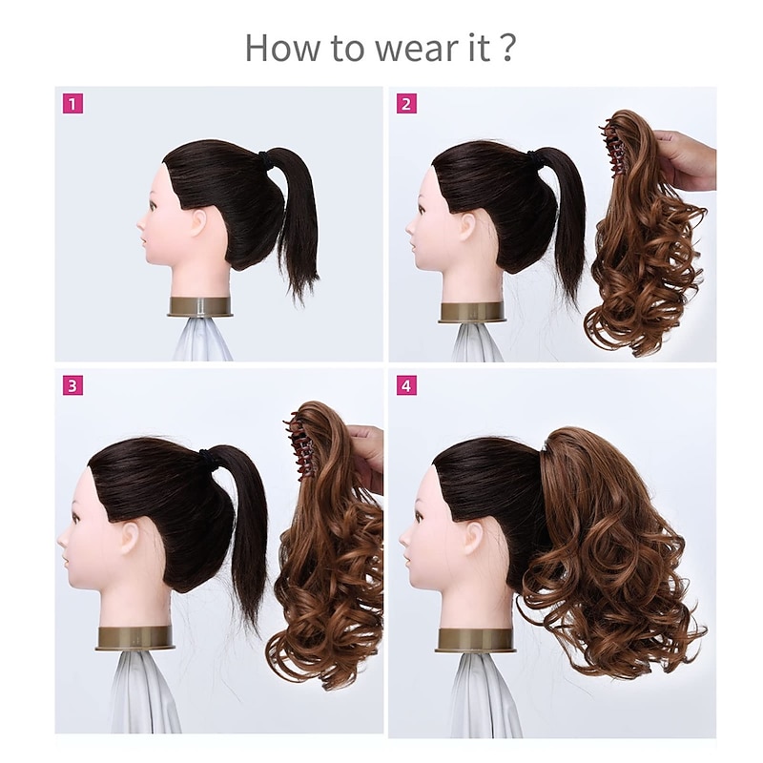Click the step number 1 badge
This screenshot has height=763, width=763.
coord(73,103)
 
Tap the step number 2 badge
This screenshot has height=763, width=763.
coord(407,103)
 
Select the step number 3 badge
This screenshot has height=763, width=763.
coord(73,385)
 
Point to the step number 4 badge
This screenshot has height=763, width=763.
coord(407,385)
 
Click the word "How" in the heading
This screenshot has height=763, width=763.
coord(277,47)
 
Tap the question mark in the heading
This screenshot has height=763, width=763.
coord(507,47)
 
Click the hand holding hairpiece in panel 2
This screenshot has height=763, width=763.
coord(687,160)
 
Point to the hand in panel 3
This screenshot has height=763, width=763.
coord(367,456)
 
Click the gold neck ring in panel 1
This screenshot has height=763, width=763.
coord(200,306)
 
